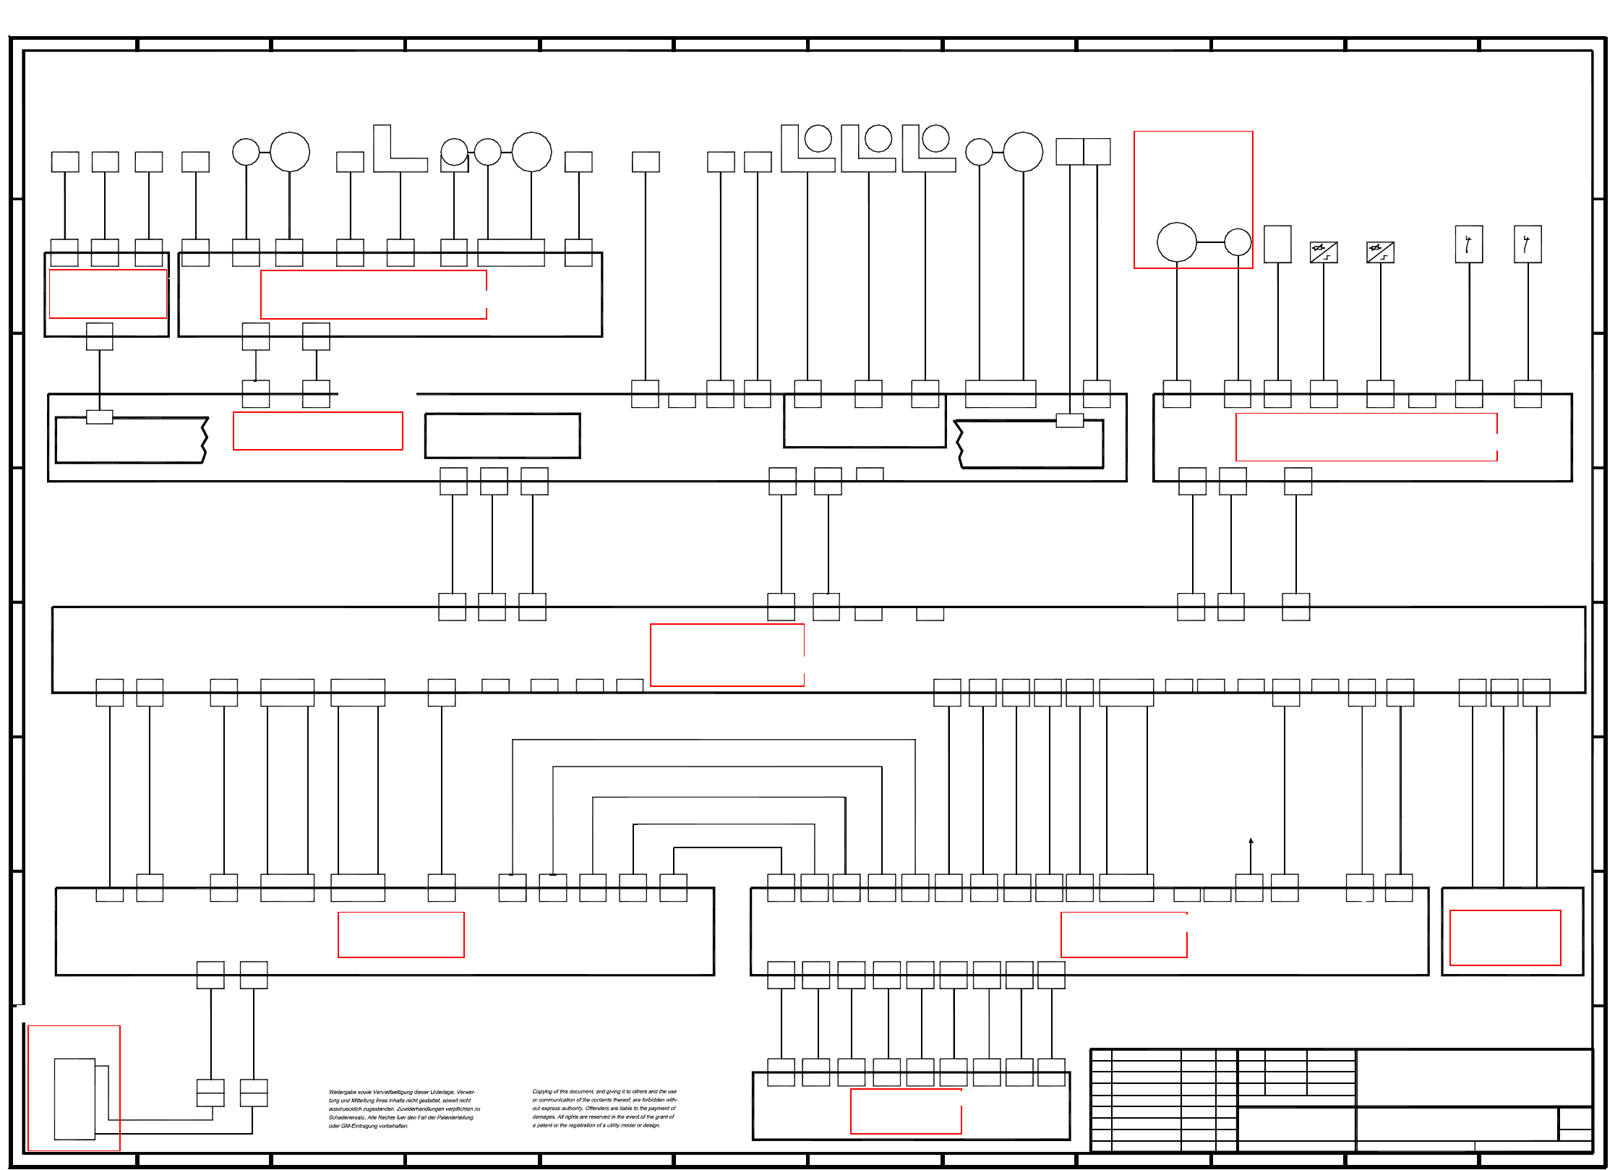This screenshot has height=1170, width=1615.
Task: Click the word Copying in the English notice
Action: pos(541,1091)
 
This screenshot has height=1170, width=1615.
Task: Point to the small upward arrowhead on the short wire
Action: pos(1251,841)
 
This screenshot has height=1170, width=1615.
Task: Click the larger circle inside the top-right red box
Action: pos(1176,242)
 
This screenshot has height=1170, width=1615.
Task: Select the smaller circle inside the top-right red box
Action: pos(1238,242)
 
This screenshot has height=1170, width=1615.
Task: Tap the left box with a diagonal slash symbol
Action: pos(1324,252)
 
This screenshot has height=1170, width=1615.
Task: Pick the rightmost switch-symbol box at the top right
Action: pos(1528,244)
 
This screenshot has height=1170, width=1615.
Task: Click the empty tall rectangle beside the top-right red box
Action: pos(1277,244)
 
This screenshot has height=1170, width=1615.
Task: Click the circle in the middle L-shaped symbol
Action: pos(878,138)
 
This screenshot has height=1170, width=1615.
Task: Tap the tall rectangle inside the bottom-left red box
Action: pos(74,1098)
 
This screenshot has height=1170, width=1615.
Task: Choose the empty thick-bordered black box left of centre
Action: pos(502,436)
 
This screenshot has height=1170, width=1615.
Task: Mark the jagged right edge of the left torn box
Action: pos(205,440)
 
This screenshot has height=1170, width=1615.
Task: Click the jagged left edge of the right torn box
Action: pos(959,444)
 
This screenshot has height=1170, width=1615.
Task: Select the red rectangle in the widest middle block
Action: pos(727,654)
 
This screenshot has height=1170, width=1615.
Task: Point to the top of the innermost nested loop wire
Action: pos(727,847)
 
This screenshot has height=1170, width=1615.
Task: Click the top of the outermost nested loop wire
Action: pos(714,740)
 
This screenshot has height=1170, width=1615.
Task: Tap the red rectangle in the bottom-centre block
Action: pos(906,1111)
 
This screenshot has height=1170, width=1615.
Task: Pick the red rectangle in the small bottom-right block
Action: pos(1505,937)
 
